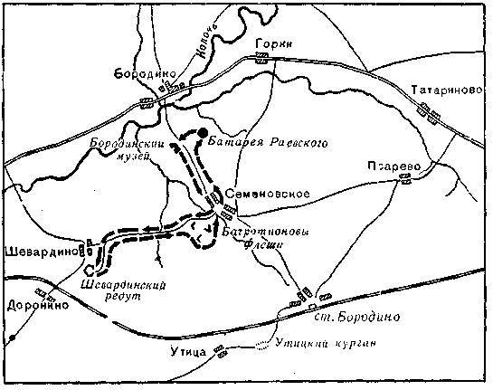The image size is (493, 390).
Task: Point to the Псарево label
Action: click(392, 166)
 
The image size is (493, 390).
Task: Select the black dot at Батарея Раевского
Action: click(203, 131)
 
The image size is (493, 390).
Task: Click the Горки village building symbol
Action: click(262, 56)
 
